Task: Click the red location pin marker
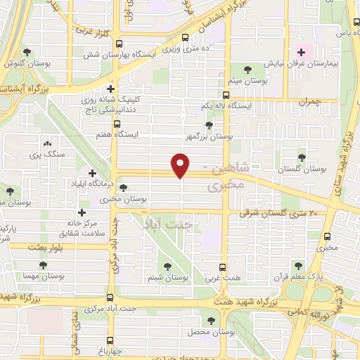coord(181,166)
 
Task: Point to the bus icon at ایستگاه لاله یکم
coord(226,95)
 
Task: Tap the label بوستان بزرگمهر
coord(208,136)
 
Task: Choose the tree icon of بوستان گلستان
coord(302,157)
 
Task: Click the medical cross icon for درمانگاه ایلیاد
coord(92,173)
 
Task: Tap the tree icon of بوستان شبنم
coord(167,266)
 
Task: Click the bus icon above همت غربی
coord(222,268)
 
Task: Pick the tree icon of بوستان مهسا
coord(44,266)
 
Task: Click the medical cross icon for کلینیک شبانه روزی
coord(110,89)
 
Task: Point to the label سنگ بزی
coord(46,153)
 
